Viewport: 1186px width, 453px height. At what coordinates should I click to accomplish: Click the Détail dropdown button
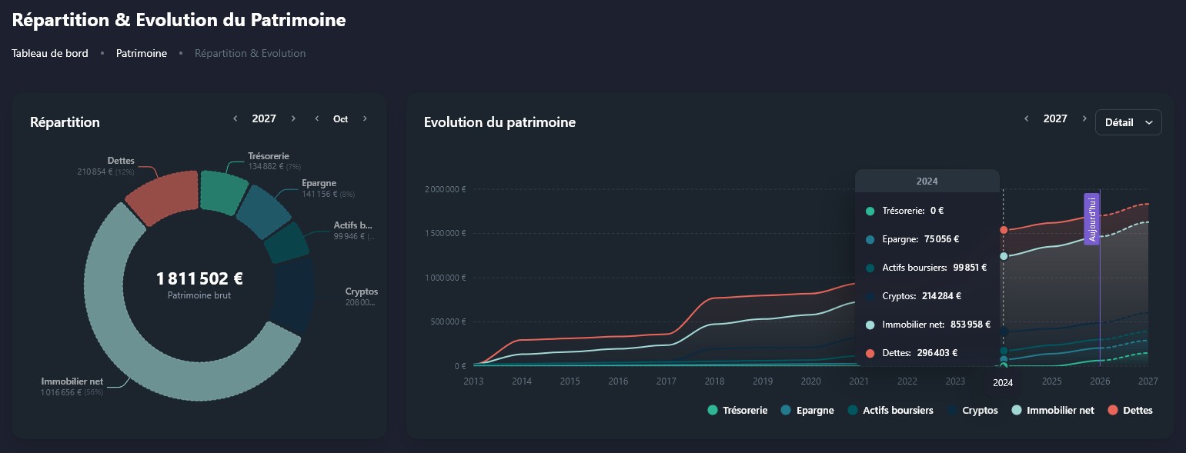pos(1128,122)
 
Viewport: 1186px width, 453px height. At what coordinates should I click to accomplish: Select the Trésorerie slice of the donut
pos(222,190)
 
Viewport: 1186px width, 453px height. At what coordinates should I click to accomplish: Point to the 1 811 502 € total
pos(199,278)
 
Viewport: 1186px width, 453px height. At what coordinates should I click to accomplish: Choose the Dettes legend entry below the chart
pos(1130,411)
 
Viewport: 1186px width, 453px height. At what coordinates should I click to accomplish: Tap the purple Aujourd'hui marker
pos(1091,219)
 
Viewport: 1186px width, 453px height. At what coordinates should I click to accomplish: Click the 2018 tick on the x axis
pos(714,381)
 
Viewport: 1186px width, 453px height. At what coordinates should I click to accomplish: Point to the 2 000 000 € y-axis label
pos(445,190)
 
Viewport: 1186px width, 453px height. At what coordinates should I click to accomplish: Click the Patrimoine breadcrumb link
pos(142,54)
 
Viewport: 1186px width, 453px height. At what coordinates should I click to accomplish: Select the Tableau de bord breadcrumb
pos(50,54)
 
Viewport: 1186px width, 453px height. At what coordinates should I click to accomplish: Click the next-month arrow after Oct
pos(365,119)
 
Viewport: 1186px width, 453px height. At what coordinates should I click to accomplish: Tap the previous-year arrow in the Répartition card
pos(236,119)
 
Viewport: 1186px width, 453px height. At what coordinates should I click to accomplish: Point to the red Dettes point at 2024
pos(1003,230)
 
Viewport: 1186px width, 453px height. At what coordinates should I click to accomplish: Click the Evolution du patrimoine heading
pos(499,122)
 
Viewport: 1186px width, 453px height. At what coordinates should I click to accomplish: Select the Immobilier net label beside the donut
pos(72,381)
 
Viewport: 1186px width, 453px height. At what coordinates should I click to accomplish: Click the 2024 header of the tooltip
pos(927,182)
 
